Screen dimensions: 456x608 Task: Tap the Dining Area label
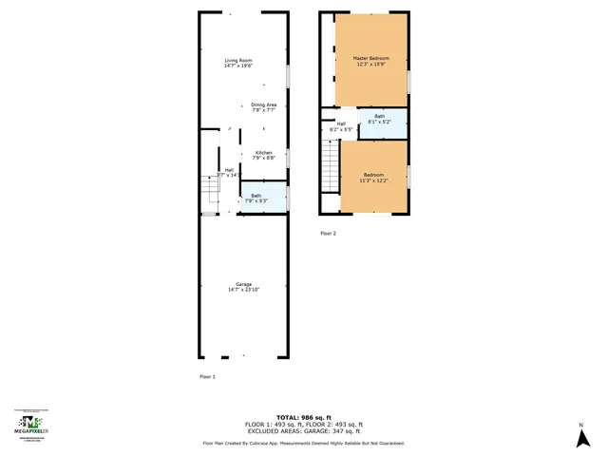263,107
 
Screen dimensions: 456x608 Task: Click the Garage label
243,284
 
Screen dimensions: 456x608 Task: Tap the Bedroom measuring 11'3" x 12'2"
373,178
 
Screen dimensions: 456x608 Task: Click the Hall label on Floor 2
340,125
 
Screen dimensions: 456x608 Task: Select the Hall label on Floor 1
229,170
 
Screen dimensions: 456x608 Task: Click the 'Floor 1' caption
207,377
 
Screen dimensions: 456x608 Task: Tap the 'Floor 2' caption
328,233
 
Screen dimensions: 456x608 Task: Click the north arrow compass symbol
580,436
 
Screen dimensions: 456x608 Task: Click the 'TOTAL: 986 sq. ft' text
304,417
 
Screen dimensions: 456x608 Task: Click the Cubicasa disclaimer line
304,444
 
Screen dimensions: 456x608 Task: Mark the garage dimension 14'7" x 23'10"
243,290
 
